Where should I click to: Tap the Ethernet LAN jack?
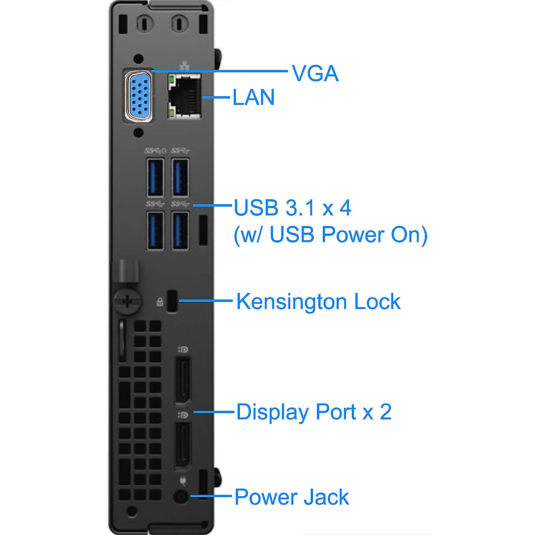coord(184,96)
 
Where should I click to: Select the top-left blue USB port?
coord(155,177)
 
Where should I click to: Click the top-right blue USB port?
coord(180,177)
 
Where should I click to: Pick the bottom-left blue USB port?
coord(155,230)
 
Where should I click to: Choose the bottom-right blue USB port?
coord(180,230)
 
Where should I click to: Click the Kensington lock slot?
coord(173,301)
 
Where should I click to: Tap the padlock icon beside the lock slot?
coord(160,302)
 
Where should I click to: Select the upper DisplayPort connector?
coord(182,381)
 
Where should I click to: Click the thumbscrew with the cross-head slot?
coord(128,300)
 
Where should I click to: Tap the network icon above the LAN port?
coord(185,66)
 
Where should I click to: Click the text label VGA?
coord(315,73)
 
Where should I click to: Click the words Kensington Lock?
coord(318,301)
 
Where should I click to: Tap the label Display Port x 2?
coord(314,412)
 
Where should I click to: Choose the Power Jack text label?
coord(292,497)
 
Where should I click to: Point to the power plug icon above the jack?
coord(183,480)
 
